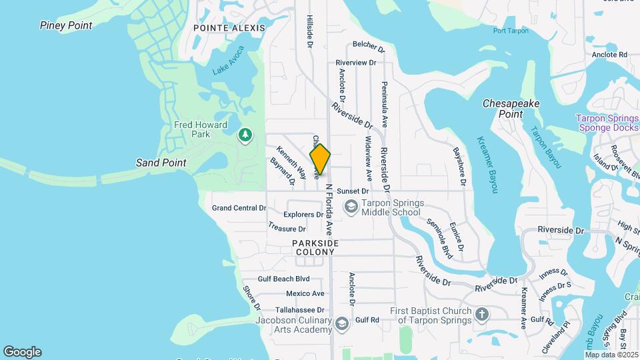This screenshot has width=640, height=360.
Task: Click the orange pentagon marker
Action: [320, 159]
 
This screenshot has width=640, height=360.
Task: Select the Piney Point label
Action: [65, 25]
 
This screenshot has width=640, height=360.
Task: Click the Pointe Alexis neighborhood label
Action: [229, 28]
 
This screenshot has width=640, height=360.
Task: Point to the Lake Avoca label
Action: [229, 61]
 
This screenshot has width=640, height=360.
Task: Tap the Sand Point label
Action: [161, 163]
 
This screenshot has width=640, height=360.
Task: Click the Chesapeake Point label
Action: [511, 109]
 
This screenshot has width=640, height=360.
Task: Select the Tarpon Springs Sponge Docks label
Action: [607, 123]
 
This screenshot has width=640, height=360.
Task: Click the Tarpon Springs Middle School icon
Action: [350, 208]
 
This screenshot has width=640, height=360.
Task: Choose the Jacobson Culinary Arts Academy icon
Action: [342, 324]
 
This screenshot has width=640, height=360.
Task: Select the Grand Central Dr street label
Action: [239, 208]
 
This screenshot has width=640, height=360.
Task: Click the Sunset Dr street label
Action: [353, 191]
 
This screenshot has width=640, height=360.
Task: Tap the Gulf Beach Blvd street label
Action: [284, 279]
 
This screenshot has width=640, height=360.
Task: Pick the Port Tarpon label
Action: [511, 31]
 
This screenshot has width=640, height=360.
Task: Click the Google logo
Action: [22, 352]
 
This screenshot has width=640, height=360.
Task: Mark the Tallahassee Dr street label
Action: [295, 309]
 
